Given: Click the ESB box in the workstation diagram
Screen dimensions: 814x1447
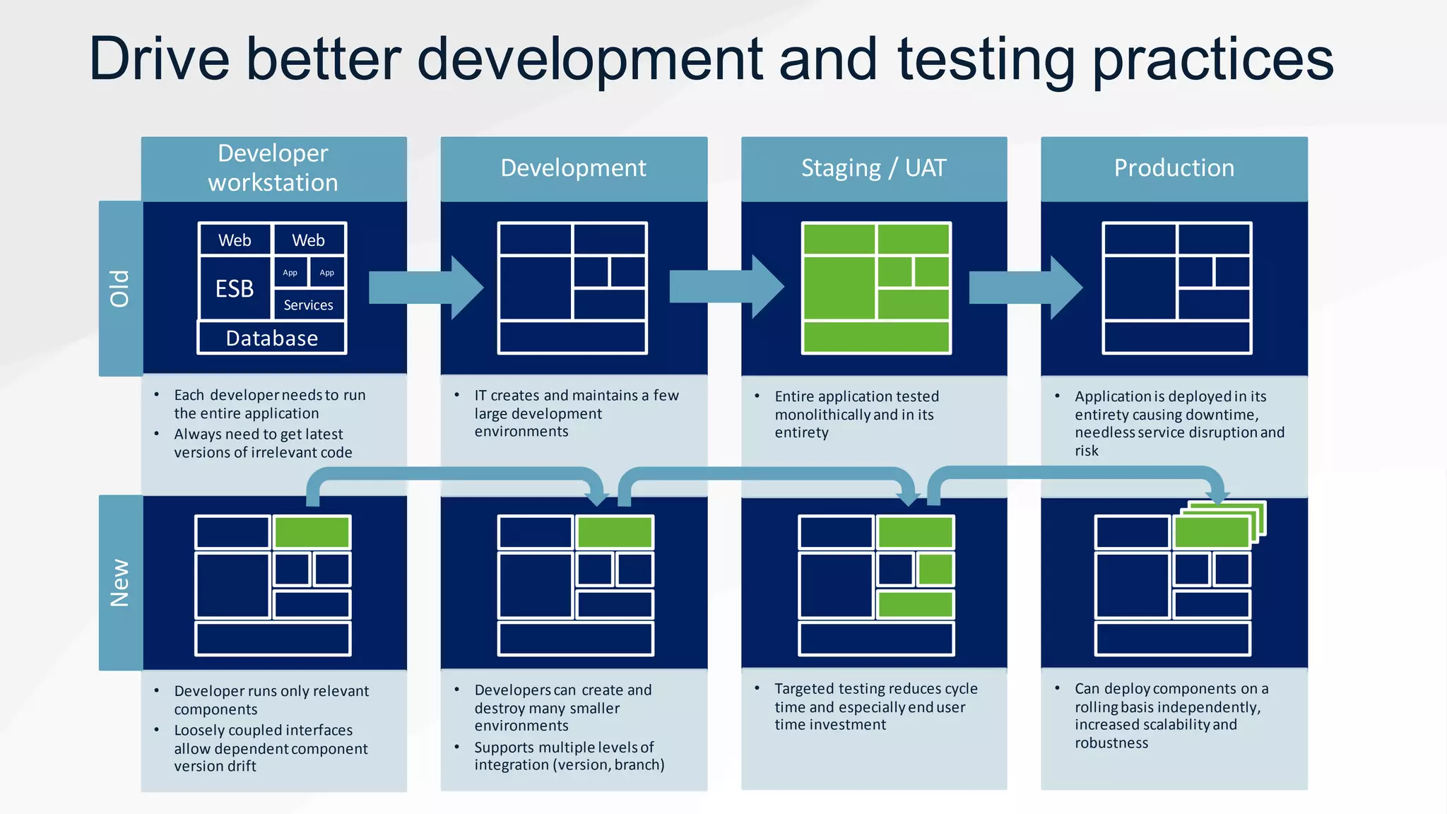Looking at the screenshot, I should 235,288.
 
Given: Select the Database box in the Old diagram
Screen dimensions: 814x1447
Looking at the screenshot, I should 272,338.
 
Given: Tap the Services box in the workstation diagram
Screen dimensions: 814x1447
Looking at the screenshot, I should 308,305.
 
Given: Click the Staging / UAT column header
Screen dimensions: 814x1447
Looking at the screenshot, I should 873,168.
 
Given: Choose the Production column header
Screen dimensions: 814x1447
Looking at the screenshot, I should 1174,168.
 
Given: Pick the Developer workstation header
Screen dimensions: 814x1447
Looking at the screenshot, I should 273,168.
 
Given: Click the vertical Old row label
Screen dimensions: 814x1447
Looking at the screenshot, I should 120,288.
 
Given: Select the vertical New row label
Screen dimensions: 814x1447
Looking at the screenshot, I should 120,583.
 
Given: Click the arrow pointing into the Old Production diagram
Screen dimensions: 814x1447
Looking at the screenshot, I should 1024,288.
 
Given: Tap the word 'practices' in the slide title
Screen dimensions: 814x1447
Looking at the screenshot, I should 1212,60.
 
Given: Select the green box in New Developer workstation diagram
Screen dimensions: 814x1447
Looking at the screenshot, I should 312,532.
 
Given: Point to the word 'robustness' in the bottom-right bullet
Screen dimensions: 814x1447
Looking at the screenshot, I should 1111,743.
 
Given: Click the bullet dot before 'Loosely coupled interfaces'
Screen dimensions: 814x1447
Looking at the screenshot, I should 157,730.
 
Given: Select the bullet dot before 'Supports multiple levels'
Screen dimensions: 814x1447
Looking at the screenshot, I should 457,747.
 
